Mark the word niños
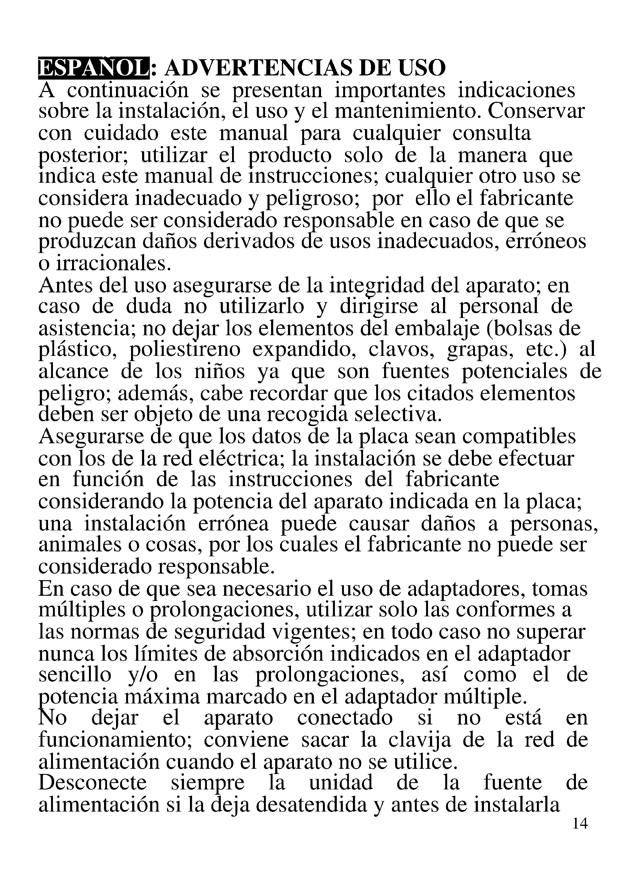coord(219,372)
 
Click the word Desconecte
coord(92,783)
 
